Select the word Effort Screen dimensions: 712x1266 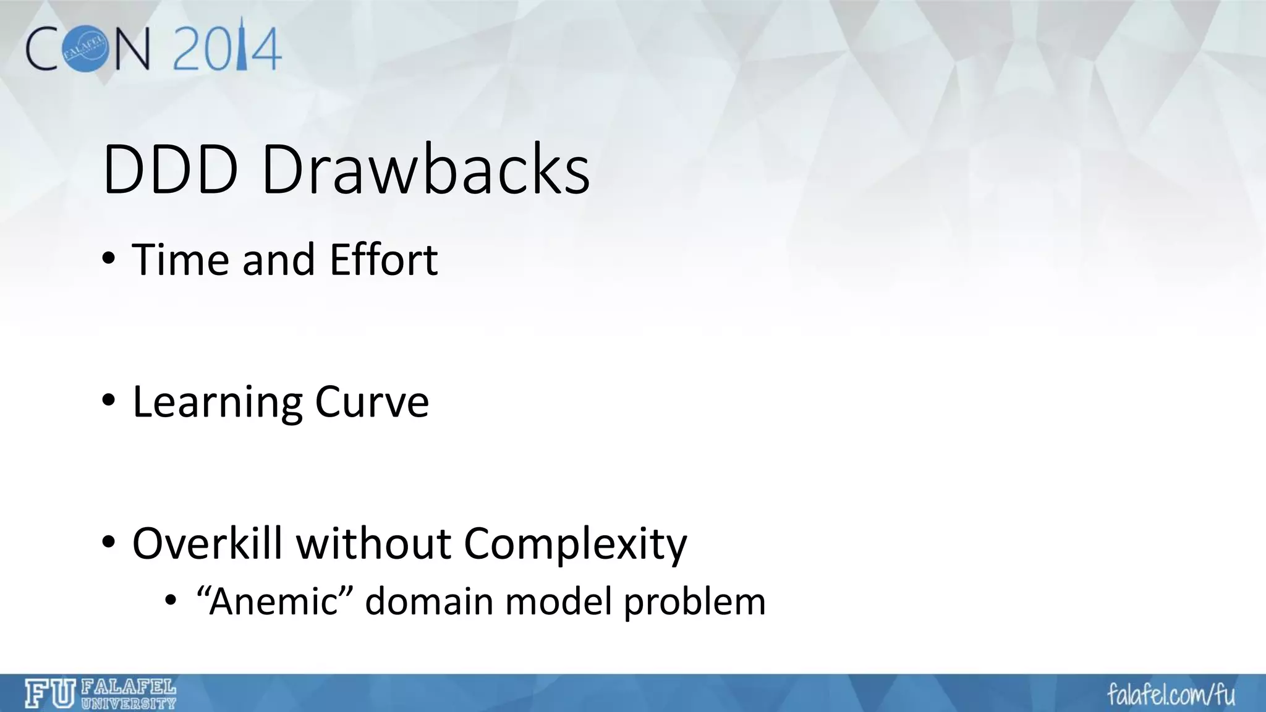(383, 260)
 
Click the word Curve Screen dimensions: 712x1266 (372, 402)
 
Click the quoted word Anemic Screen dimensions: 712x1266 (274, 601)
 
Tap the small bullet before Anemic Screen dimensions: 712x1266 (171, 600)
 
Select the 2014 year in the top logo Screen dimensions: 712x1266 (227, 48)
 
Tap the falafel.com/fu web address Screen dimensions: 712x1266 (1171, 694)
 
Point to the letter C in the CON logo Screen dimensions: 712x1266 (43, 50)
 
